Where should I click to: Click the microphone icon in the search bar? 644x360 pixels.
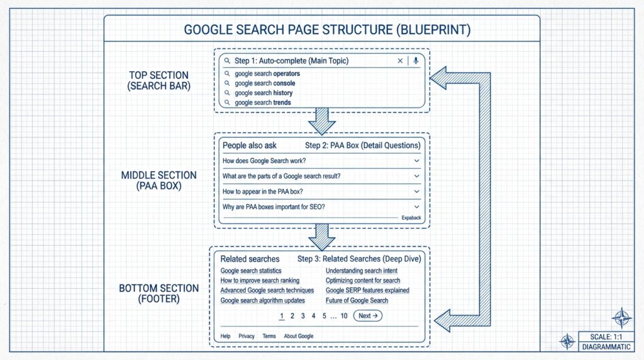(x=416, y=61)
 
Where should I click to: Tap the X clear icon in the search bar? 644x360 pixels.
(x=400, y=61)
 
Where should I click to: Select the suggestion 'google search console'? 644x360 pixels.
(x=265, y=83)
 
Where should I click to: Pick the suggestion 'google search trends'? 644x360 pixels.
(x=263, y=103)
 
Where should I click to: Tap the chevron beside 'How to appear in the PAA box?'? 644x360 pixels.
(x=416, y=191)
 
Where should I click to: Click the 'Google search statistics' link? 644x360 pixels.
(x=251, y=271)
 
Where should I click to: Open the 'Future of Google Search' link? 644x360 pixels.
(x=357, y=300)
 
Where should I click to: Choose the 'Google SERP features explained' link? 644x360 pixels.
(x=367, y=290)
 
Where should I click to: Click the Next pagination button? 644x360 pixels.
(x=367, y=316)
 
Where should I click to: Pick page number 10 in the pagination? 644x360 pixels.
(x=344, y=316)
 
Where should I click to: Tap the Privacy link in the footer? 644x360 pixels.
(x=247, y=336)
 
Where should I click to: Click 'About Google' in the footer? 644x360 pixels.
(x=298, y=336)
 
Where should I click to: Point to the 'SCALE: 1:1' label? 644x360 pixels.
(x=598, y=336)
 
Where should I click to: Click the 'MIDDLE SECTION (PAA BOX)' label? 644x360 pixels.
(x=158, y=180)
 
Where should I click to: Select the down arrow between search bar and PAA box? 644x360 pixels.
(x=322, y=121)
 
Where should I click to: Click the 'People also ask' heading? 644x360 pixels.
(x=250, y=145)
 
